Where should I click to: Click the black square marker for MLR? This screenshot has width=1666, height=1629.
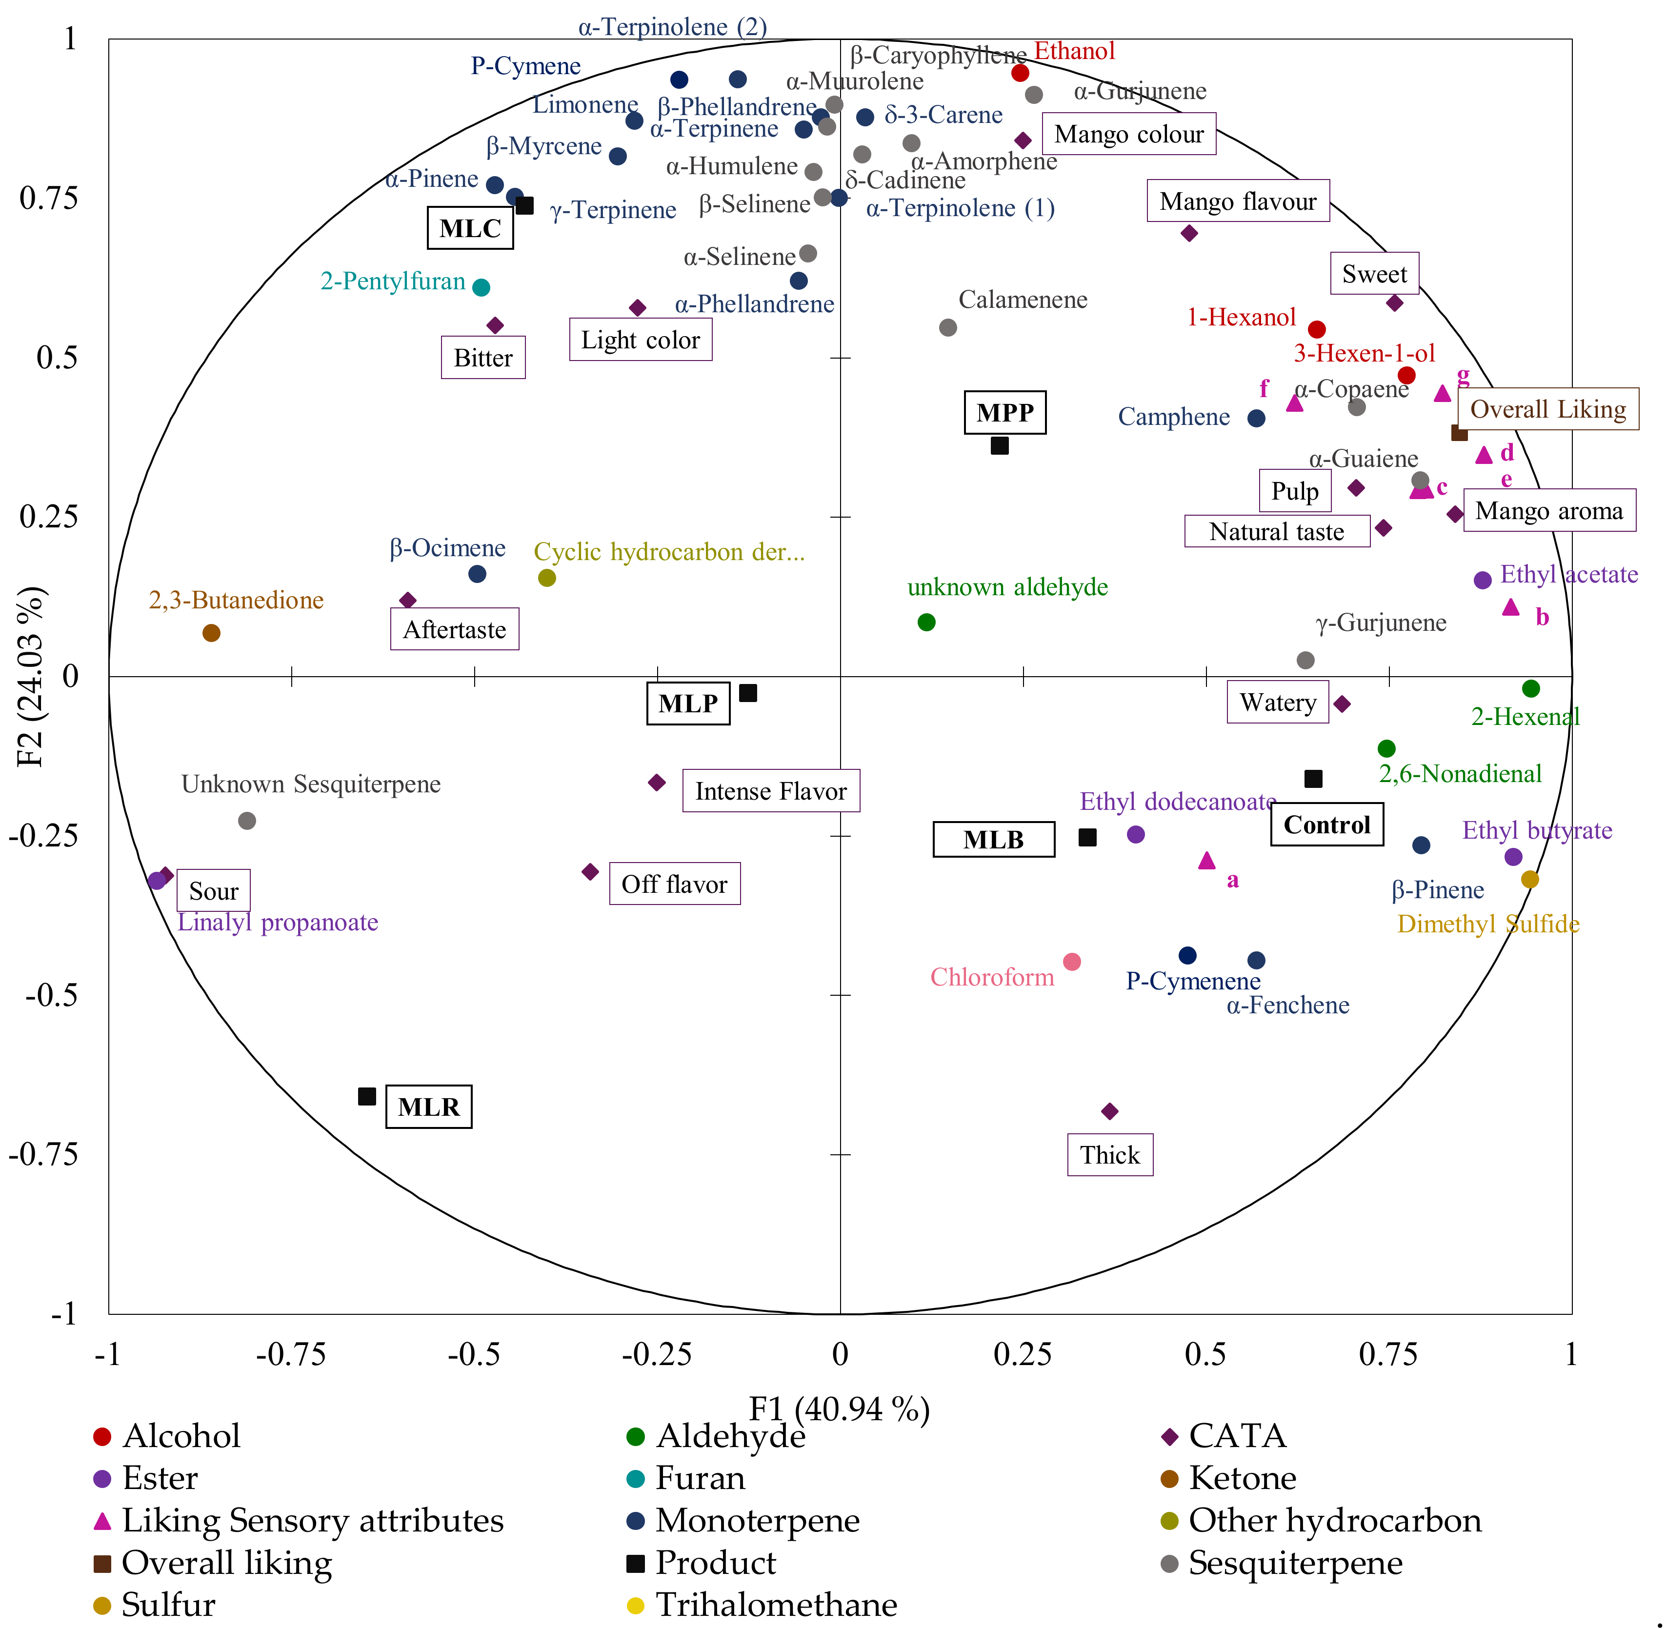point(366,1096)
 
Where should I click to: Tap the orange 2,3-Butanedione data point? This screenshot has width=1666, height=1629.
point(211,633)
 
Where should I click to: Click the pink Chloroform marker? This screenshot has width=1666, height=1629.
point(1071,962)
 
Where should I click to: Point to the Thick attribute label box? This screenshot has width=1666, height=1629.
point(1110,1155)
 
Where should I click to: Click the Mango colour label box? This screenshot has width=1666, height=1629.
point(1129,134)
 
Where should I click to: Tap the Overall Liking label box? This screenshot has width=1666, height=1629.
point(1548,409)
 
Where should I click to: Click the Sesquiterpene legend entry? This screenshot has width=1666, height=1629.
point(1295,1562)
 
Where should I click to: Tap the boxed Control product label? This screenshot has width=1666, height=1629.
point(1326,825)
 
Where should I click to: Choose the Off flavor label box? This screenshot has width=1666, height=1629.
point(674,884)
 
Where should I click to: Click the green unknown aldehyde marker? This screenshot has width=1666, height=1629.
point(926,622)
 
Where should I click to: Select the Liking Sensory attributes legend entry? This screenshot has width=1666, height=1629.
point(312,1520)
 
